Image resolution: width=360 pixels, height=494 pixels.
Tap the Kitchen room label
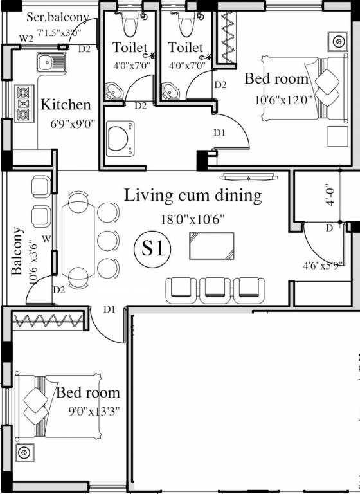[66, 105]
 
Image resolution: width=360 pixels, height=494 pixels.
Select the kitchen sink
[51, 62]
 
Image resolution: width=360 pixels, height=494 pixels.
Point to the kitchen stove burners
[24, 103]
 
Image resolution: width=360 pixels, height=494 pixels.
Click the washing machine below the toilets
[120, 139]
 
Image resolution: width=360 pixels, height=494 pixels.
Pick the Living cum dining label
[193, 196]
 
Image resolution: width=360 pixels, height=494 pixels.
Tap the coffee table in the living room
[212, 246]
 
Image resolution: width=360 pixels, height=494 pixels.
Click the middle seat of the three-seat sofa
[215, 291]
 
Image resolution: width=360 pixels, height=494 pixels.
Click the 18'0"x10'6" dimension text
[193, 219]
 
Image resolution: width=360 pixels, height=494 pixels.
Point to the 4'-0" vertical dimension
[330, 196]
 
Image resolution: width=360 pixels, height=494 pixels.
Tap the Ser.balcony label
[58, 17]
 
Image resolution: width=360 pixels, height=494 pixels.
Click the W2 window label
[26, 39]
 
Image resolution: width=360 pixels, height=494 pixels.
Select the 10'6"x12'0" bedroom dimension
[283, 100]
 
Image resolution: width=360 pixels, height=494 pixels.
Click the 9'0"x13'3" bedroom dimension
[94, 412]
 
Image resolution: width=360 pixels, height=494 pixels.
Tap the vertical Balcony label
[17, 251]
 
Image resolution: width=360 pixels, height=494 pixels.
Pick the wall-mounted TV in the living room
[249, 177]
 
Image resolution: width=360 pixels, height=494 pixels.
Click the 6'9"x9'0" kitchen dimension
[73, 124]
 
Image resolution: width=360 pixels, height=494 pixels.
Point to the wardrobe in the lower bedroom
[47, 321]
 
